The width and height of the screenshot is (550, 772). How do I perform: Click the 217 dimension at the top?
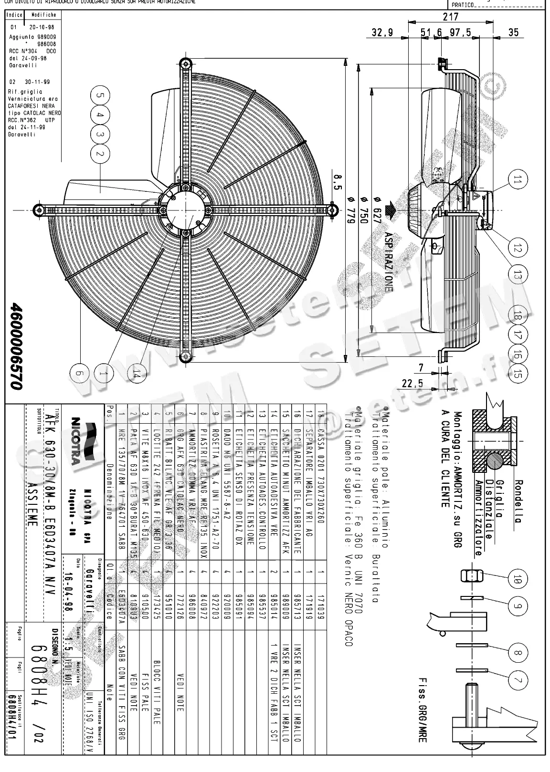click(x=450, y=17)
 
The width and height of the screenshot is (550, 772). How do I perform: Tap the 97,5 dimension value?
click(x=460, y=33)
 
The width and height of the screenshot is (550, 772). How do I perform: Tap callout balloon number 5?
click(x=100, y=95)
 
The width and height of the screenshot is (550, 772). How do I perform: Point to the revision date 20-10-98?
click(x=42, y=28)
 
